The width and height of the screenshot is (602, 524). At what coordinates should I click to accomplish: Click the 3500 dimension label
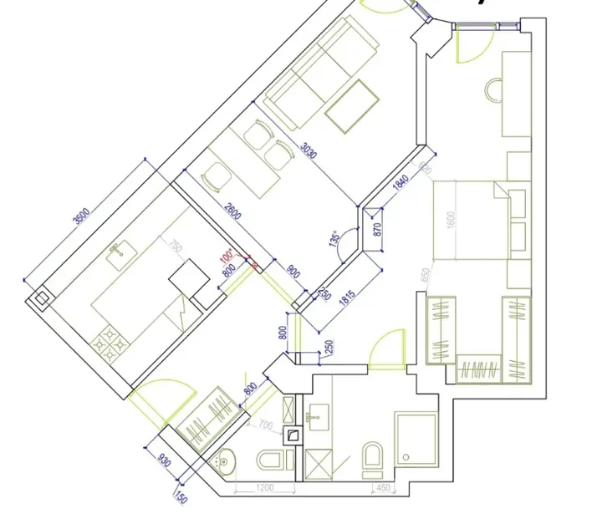(x=81, y=216)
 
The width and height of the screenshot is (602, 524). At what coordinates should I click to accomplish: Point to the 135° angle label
(x=336, y=241)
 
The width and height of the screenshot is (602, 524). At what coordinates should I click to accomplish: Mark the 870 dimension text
(x=376, y=230)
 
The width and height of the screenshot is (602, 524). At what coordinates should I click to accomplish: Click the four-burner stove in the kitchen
(x=110, y=343)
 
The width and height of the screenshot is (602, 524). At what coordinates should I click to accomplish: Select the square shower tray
(x=416, y=436)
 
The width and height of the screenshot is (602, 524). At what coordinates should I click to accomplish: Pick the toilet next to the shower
(x=373, y=456)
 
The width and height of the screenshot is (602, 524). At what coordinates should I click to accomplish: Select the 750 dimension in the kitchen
(x=175, y=247)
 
